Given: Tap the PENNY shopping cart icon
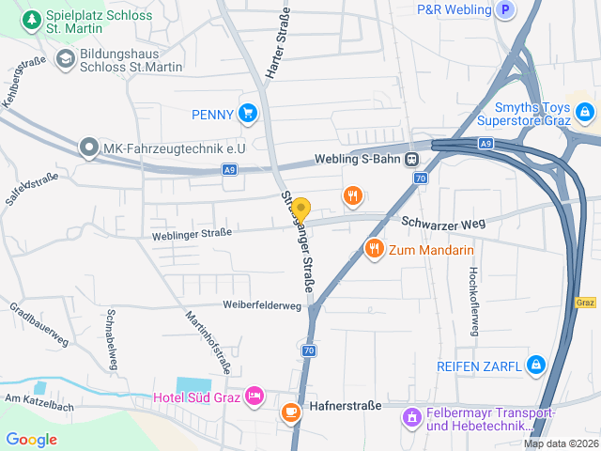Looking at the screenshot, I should click(248, 114).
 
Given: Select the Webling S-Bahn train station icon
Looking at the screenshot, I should click(412, 159).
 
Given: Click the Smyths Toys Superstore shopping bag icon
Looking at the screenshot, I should click(585, 113).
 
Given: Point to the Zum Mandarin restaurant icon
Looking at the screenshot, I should click(374, 249).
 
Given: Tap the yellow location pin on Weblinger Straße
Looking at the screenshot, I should click(300, 209).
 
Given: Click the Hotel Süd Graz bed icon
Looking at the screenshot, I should click(254, 397).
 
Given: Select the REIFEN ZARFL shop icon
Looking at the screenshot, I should click(535, 365).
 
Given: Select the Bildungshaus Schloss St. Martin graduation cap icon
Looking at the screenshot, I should click(65, 60).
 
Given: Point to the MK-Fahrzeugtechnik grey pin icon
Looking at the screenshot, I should click(88, 147).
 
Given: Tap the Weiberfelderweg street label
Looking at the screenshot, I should click(262, 305).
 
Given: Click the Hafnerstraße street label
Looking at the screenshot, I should click(345, 406).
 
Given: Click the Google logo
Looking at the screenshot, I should click(32, 439).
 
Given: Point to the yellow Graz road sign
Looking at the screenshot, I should click(585, 303).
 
